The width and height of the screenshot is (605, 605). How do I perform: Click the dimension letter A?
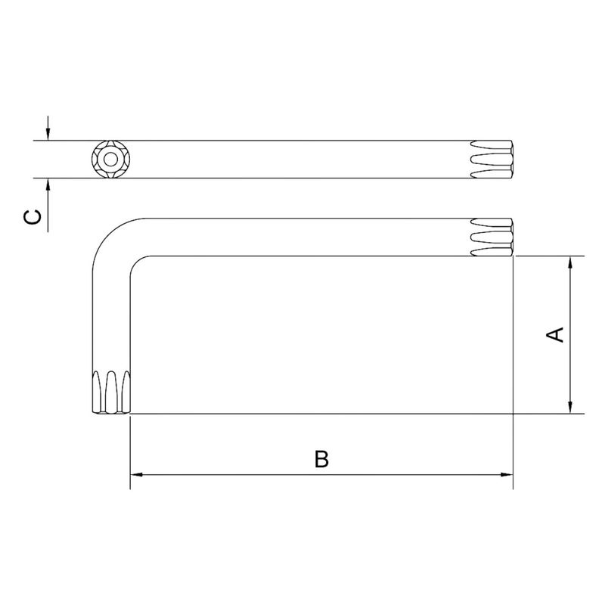coord(555,334)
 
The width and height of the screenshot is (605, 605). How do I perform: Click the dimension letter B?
coord(321,459)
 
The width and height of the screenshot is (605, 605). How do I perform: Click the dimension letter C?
coord(32,217)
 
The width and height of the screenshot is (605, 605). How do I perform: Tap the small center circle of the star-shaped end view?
coord(110,159)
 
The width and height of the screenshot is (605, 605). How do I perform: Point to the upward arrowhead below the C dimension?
coord(48,185)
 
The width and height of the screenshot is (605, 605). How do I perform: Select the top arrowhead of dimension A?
coord(570,262)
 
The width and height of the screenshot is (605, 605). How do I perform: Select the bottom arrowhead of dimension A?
coord(570,407)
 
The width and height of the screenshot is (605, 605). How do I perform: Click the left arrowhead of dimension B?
coord(137,474)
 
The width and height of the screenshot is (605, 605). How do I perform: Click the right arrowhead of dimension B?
coord(507,474)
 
